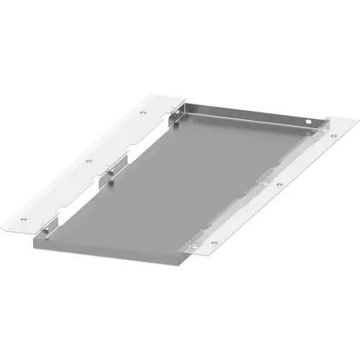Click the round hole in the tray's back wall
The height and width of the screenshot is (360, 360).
[x=310, y=125]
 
